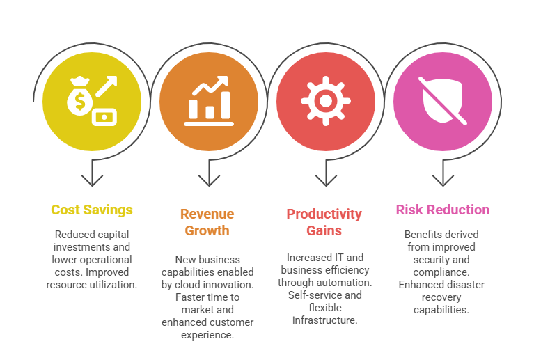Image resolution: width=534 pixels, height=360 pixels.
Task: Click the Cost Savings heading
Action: pos(91,210)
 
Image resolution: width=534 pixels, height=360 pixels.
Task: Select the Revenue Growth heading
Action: pos(207,222)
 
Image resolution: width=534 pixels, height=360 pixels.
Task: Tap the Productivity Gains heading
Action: pos(324,222)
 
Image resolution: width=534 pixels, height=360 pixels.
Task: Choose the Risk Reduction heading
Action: pos(442,210)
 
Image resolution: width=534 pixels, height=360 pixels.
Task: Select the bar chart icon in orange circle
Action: pos(208,102)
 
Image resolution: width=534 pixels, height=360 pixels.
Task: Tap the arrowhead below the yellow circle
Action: pos(92,180)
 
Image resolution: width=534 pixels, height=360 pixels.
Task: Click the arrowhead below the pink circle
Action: pos(443,180)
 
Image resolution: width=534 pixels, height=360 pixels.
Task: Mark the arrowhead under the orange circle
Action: pos(209,180)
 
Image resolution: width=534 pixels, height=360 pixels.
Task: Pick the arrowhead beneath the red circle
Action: pos(326,180)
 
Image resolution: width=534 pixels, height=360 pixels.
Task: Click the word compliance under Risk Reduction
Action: pos(446,272)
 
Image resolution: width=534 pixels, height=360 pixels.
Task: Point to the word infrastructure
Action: pos(324,320)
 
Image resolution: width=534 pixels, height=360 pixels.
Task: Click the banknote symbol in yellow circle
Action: pos(106,116)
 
